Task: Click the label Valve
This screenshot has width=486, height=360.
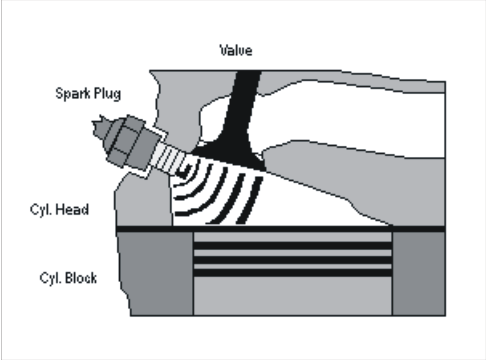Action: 236,50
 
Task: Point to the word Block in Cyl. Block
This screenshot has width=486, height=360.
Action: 81,278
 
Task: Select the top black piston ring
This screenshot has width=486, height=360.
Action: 292,245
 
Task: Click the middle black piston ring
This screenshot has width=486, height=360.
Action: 292,260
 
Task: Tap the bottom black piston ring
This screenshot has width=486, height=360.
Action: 292,273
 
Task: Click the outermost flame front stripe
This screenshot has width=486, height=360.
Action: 251,200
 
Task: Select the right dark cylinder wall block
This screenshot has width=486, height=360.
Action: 419,273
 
